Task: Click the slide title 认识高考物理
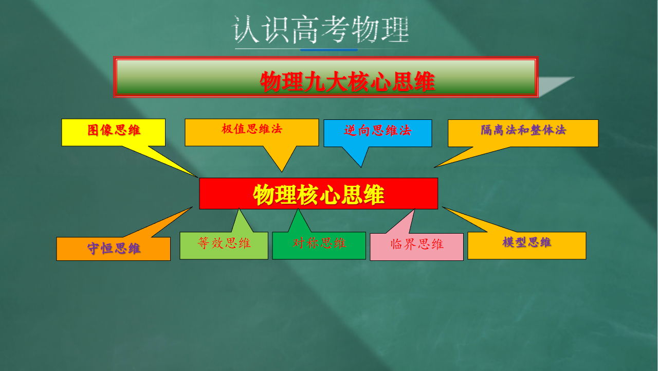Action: tap(321, 29)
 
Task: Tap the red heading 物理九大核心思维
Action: tap(347, 82)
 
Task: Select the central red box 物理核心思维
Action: tap(318, 193)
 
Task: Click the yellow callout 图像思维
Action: tap(114, 132)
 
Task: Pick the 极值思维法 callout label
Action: tap(252, 129)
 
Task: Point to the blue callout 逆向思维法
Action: tap(378, 133)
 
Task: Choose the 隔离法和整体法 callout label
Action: tap(523, 130)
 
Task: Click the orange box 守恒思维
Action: tap(114, 249)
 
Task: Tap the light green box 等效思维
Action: tap(224, 246)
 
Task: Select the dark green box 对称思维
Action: tap(319, 246)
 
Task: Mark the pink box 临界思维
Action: tap(416, 247)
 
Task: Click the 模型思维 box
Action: tap(527, 245)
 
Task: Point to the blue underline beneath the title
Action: tap(328, 50)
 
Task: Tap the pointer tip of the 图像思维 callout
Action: tap(198, 178)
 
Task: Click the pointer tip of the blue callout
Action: tap(361, 167)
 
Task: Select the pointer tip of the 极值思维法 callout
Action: tap(282, 172)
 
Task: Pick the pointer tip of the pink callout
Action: tap(414, 209)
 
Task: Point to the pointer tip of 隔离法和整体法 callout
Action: tap(434, 168)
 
